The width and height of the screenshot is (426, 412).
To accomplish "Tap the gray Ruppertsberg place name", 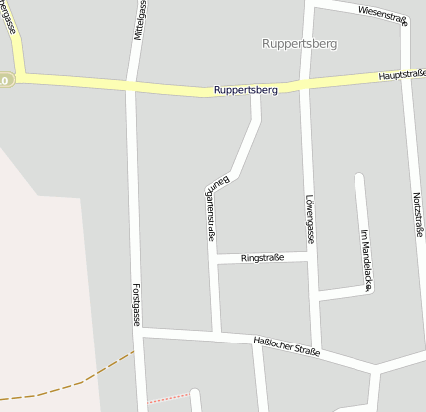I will [299, 44].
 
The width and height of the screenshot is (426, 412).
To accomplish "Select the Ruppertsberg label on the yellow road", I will [244, 91].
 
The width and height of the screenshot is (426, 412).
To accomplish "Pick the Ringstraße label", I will [263, 258].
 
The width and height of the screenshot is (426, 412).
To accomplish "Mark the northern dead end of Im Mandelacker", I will [359, 179].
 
